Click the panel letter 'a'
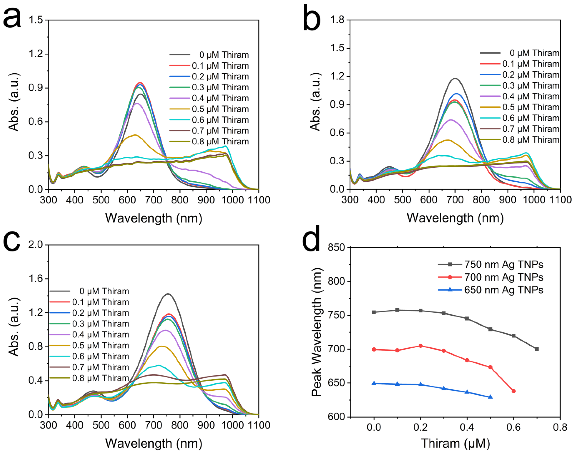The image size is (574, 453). coord(12,18)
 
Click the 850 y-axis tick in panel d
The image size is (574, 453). coord(336,247)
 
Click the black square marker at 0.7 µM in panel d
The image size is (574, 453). coord(537,349)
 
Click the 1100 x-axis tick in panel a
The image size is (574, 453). coord(259,200)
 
